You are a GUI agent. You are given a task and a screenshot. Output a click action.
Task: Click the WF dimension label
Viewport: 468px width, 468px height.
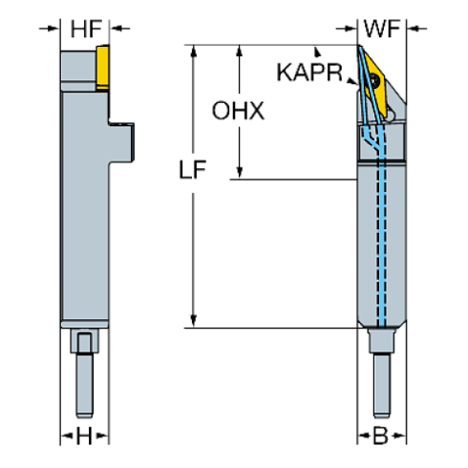pyautogui.click(x=382, y=31)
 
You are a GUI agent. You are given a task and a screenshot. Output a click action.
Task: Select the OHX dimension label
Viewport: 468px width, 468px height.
pyautogui.click(x=238, y=111)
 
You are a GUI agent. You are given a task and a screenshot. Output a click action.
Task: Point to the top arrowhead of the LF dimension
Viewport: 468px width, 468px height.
pyautogui.click(x=194, y=51)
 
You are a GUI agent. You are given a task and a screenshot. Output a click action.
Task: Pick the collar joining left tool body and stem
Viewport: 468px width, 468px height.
pyautogui.click(x=85, y=342)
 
